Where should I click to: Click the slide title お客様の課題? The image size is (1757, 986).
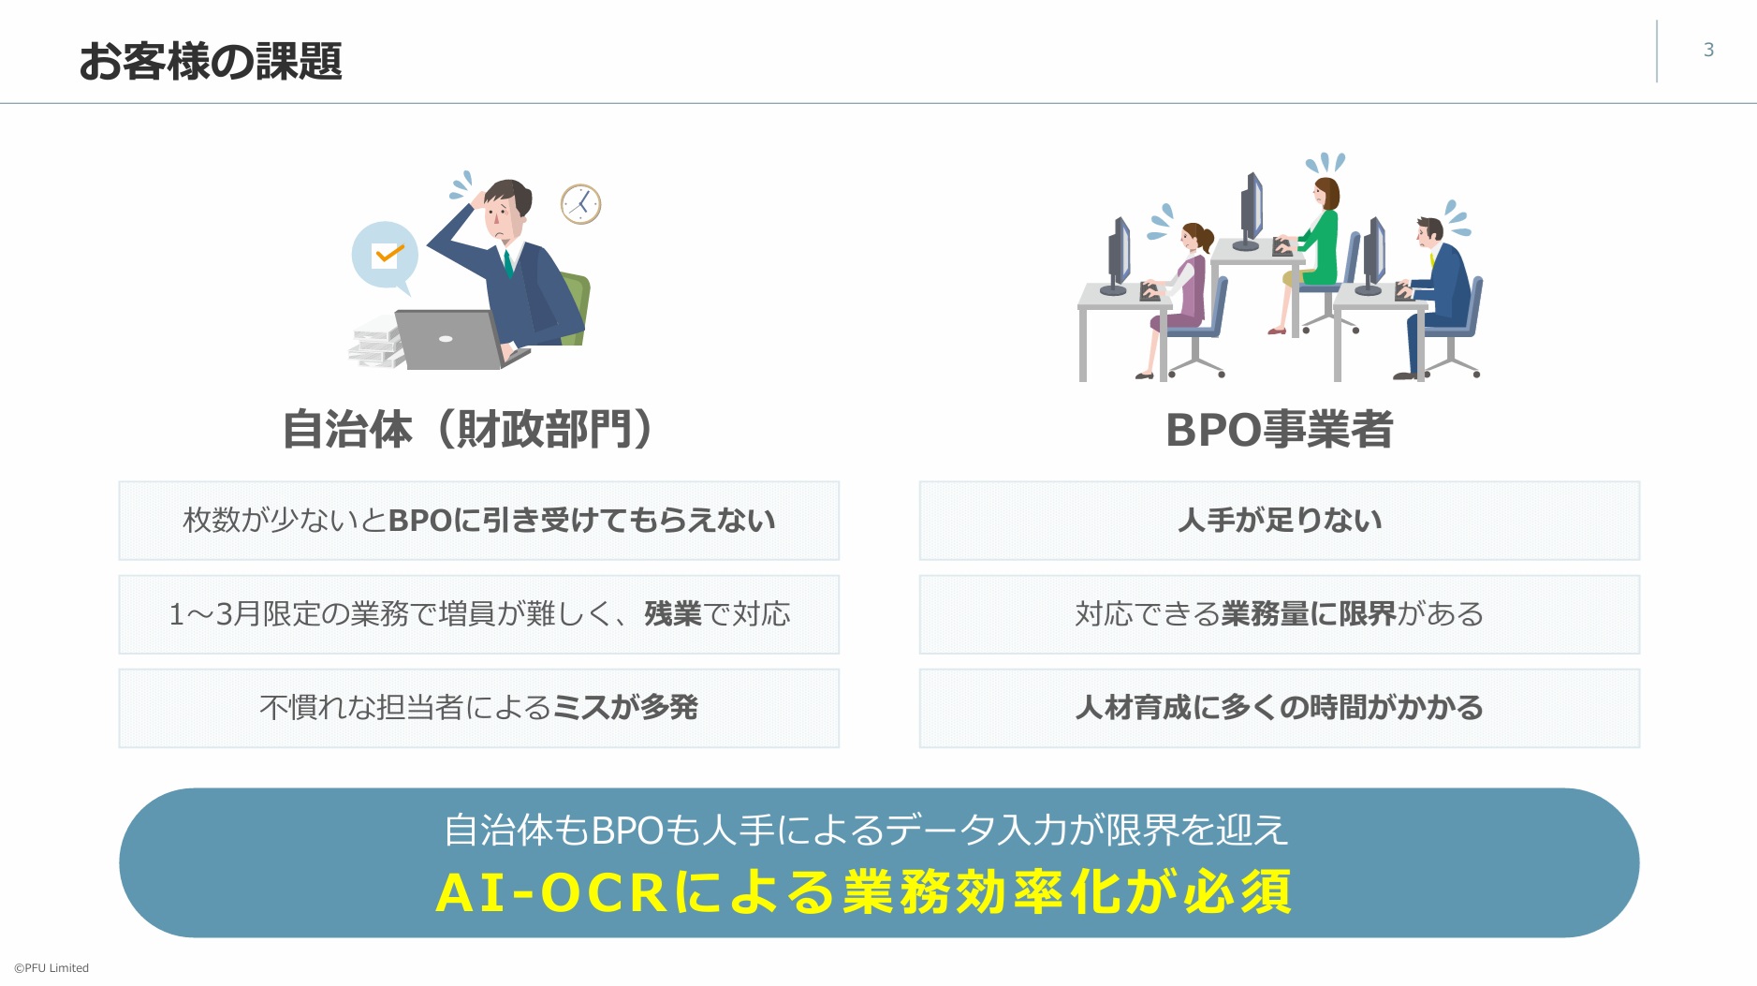tap(211, 61)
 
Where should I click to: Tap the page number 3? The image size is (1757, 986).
tap(1708, 50)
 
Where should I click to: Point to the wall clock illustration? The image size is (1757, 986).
tap(580, 204)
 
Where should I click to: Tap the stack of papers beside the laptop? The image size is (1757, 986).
tap(376, 343)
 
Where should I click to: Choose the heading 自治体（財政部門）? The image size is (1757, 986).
tap(468, 430)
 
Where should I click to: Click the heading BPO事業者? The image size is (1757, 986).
tap(1279, 430)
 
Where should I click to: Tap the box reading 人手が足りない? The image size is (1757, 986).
tap(1279, 521)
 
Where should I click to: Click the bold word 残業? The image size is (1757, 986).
tap(672, 614)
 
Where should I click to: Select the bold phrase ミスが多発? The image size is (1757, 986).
tap(625, 708)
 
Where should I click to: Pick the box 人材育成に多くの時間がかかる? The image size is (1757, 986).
tap(1279, 708)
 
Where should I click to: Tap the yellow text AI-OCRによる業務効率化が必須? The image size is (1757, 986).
tap(863, 891)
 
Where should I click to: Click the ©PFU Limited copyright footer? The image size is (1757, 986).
tap(51, 968)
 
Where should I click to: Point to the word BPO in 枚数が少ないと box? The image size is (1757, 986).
tap(420, 521)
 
